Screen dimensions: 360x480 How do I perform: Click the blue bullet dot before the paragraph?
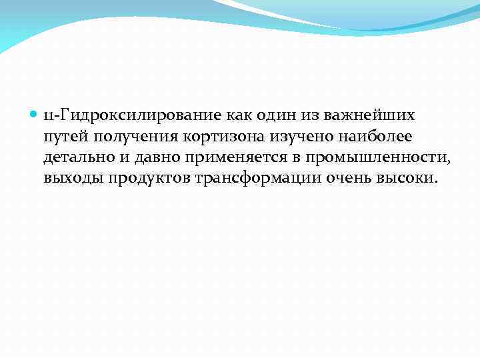pos(35,115)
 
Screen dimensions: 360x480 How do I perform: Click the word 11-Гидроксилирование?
pos(127,115)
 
